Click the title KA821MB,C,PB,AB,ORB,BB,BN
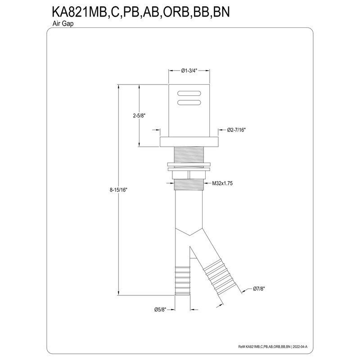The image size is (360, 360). click(x=141, y=12)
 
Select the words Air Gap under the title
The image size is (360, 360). click(x=63, y=24)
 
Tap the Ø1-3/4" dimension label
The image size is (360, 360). click(x=189, y=71)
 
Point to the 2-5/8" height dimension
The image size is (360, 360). click(x=139, y=116)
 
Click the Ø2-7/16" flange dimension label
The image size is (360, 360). click(x=237, y=130)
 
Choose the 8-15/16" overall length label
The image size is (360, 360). click(x=118, y=190)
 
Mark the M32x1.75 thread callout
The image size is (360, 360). click(x=222, y=183)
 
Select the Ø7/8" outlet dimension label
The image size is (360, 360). click(x=259, y=289)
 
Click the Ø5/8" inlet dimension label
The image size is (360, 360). click(x=160, y=310)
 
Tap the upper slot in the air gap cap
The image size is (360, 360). click(x=189, y=94)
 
